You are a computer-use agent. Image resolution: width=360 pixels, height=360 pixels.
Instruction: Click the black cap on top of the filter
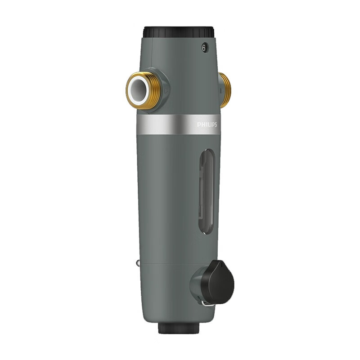point(179,32)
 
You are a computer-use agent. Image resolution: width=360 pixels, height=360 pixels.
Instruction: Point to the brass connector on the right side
point(225,90)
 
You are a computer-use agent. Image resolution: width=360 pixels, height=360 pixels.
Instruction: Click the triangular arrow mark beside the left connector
point(167,90)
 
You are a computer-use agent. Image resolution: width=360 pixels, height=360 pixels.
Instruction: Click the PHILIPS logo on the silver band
point(207,125)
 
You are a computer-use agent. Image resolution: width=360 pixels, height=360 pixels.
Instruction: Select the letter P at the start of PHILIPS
point(199,125)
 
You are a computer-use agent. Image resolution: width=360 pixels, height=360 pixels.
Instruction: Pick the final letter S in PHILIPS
point(216,125)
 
